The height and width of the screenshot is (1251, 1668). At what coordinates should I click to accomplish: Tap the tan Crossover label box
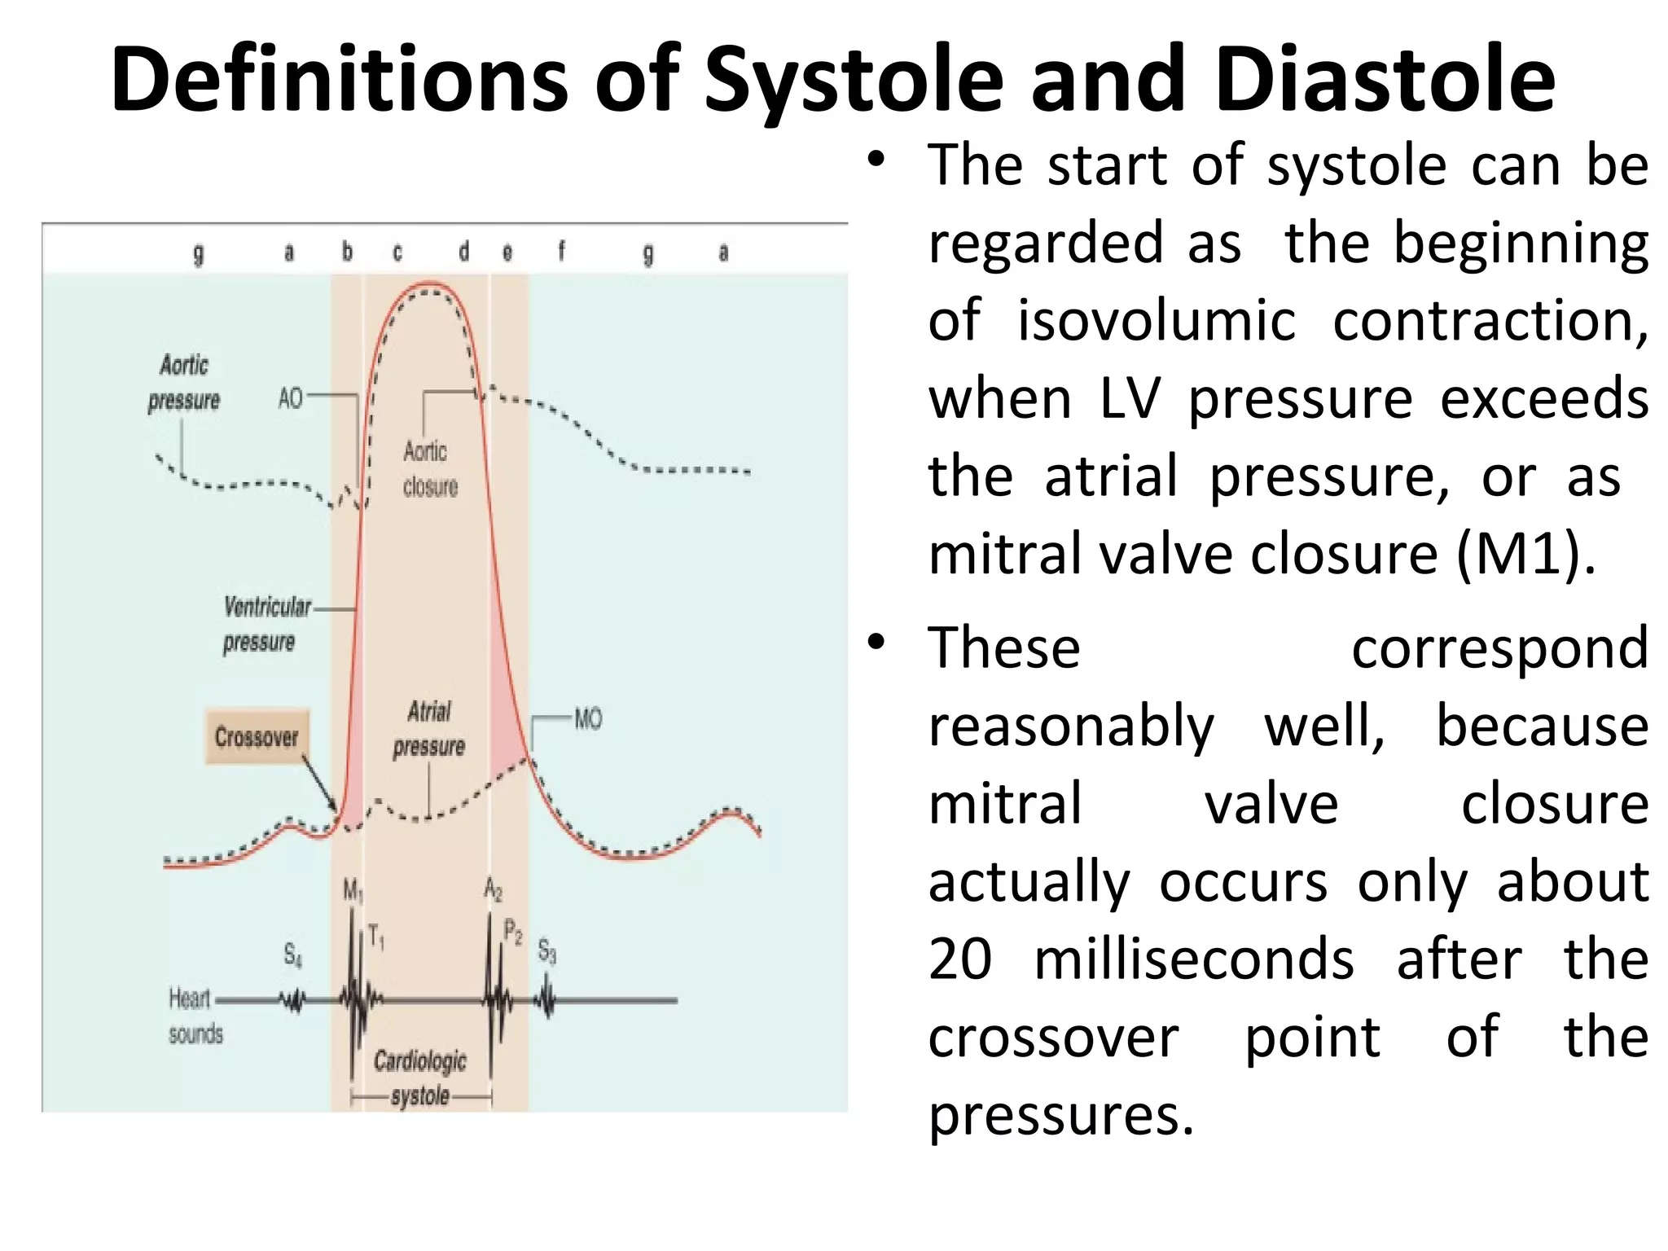(x=257, y=737)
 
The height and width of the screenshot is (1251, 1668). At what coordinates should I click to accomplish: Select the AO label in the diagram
(x=291, y=398)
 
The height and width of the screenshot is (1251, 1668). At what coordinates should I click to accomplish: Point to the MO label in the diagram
(x=588, y=719)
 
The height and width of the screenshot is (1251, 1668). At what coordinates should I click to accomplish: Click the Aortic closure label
(x=429, y=469)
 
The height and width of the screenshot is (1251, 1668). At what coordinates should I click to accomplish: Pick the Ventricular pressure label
(x=265, y=624)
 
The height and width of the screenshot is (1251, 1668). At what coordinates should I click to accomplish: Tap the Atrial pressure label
(x=429, y=729)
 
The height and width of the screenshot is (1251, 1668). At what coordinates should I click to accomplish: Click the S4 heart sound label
(x=292, y=954)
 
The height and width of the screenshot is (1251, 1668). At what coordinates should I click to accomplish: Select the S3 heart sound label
(x=547, y=950)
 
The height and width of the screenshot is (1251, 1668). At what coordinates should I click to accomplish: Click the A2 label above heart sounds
(x=493, y=889)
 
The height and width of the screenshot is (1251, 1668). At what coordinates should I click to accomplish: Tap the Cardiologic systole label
(x=420, y=1078)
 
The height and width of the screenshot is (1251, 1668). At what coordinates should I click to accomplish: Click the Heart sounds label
(x=194, y=1016)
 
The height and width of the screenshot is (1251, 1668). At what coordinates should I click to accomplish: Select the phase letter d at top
(x=463, y=252)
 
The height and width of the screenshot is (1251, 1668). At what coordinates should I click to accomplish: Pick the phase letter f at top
(x=561, y=252)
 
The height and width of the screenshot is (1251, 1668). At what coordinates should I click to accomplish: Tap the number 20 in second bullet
(x=960, y=959)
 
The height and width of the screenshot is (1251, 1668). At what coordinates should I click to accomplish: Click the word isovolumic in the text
(x=1157, y=321)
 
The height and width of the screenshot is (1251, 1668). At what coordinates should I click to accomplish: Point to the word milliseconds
(x=1193, y=959)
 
